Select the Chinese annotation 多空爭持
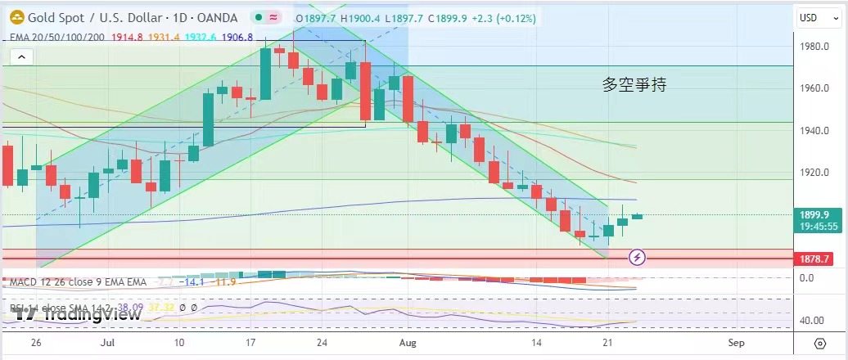tap(634, 83)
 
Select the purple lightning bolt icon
tap(638, 258)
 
